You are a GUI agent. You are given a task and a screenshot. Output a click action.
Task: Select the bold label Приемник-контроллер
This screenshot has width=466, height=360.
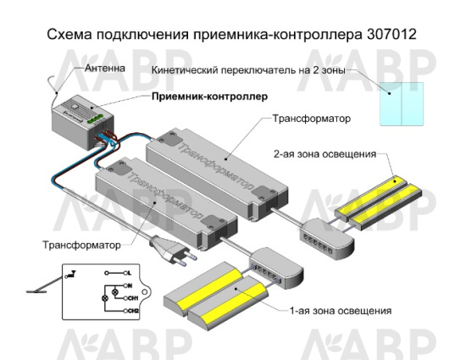[x=208, y=97]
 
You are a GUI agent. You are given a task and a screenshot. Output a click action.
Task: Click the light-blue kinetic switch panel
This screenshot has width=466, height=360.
[x=402, y=104]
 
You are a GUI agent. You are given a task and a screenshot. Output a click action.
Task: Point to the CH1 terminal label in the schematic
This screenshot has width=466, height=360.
[x=131, y=299]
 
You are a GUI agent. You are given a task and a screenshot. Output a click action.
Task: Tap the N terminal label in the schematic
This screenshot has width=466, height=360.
[x=130, y=287]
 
